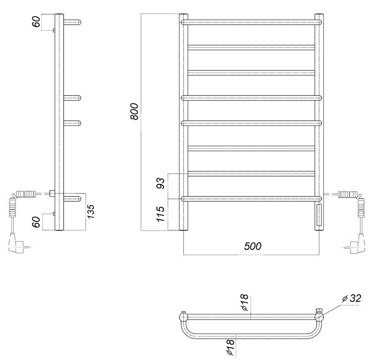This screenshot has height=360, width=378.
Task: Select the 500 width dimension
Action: tap(253, 246)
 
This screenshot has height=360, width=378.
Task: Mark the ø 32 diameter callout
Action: tap(351, 299)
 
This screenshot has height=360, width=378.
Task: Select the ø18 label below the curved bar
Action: tap(231, 347)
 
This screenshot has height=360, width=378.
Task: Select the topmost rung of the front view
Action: tap(251, 22)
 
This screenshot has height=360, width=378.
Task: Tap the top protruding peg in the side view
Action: tap(73, 22)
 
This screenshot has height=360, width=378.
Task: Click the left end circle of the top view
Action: tap(183, 316)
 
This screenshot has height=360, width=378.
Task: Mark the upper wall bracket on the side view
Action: tap(54, 30)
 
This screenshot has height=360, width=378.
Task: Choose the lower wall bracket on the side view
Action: tap(54, 214)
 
